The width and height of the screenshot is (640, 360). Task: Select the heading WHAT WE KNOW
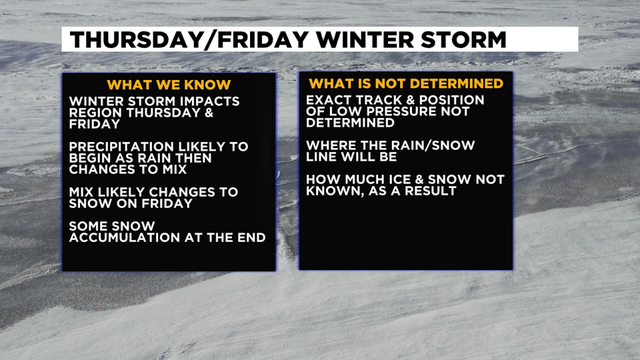[x=168, y=84]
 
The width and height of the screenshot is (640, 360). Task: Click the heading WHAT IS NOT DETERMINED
[x=406, y=84]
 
